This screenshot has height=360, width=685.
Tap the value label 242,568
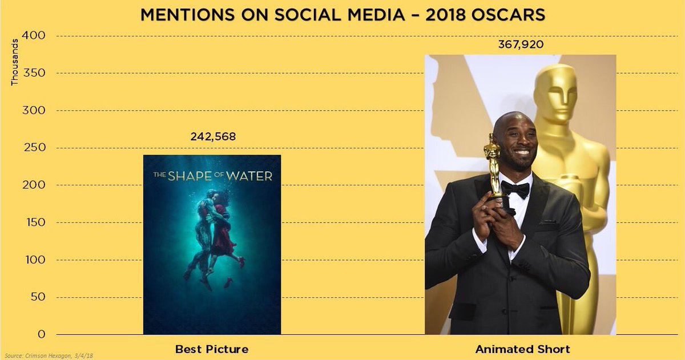(212, 137)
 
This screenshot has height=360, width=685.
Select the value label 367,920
(520, 45)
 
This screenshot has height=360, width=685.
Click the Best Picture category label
(212, 349)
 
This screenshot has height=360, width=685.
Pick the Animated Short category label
(522, 349)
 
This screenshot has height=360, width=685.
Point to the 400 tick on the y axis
(34, 36)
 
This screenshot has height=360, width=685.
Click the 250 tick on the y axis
(34, 148)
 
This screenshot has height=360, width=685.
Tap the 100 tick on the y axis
(34, 260)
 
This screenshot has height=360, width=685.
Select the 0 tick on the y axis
(42, 334)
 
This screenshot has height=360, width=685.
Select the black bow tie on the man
(515, 189)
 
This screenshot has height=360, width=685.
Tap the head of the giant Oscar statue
(556, 91)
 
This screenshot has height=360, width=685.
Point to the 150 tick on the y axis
(34, 223)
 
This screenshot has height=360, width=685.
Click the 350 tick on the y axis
(34, 73)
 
